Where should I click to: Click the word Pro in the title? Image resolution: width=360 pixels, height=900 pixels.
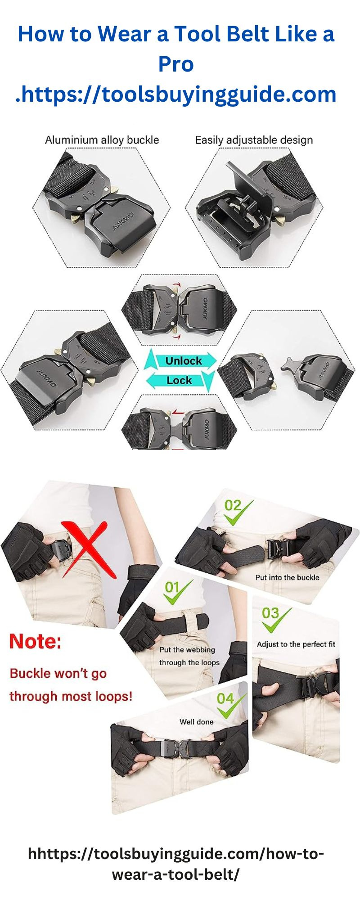[176, 64]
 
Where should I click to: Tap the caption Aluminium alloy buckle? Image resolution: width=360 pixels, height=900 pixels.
[102, 140]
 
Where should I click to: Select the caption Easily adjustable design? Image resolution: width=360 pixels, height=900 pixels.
[253, 140]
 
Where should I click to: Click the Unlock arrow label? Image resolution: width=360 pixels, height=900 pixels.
[183, 361]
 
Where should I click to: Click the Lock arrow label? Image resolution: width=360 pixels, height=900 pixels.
[179, 381]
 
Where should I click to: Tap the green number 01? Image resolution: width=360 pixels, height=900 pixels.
[172, 587]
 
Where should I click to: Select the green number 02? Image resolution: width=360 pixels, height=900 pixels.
[233, 506]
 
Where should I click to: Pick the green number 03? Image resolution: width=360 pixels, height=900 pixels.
[270, 613]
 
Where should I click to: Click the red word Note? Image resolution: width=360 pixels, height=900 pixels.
[35, 641]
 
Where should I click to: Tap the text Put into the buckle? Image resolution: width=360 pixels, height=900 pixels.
[287, 577]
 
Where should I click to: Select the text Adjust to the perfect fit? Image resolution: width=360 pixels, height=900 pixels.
[296, 644]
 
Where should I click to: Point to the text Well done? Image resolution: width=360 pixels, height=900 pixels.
[196, 722]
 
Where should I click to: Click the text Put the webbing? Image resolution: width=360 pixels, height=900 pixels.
[187, 650]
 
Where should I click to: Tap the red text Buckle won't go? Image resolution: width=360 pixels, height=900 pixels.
[58, 674]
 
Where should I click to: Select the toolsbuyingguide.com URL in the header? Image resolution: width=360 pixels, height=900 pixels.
[176, 94]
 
